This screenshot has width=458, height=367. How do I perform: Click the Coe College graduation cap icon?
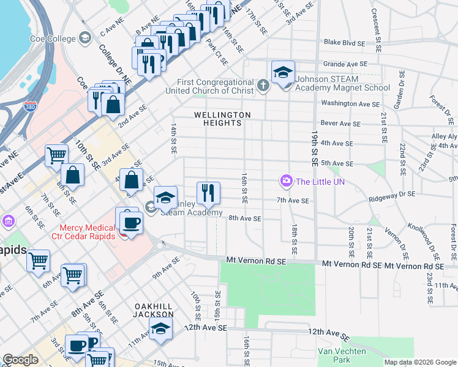coord(84,38)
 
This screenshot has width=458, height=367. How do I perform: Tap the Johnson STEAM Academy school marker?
coord(283,73)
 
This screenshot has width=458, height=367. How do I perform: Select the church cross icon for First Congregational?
coord(263,84)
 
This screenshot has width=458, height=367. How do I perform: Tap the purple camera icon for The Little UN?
coord(285,181)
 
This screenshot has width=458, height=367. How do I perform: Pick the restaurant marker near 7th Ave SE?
coord(208,193)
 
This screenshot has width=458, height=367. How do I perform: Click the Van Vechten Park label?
coord(342,355)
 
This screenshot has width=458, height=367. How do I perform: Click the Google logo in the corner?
coord(20,360)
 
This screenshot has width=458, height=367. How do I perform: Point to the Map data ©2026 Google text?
coord(420,362)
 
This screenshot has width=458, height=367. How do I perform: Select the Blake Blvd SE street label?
coord(344,42)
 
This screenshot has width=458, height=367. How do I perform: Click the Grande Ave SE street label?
coord(345,64)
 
